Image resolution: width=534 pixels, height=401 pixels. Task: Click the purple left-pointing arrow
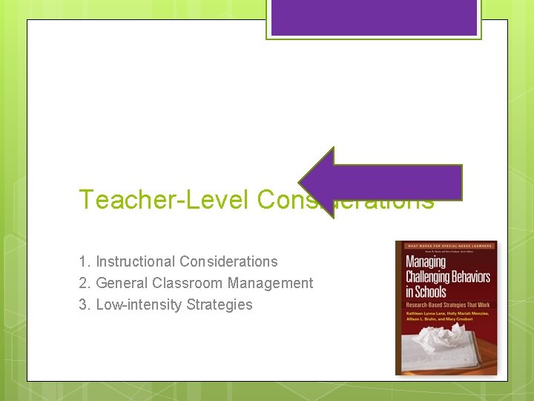(378, 183)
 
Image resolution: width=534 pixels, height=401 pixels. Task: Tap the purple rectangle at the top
(374, 17)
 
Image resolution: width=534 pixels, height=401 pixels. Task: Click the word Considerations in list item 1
(228, 261)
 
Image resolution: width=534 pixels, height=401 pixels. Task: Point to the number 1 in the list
(83, 261)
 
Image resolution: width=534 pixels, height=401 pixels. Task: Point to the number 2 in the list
(83, 283)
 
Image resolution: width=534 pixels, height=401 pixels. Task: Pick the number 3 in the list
(83, 304)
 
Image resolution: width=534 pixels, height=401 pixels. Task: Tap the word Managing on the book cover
(430, 263)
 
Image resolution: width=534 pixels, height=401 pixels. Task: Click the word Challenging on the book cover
(447, 277)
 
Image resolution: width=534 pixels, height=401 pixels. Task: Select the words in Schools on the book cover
(426, 291)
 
